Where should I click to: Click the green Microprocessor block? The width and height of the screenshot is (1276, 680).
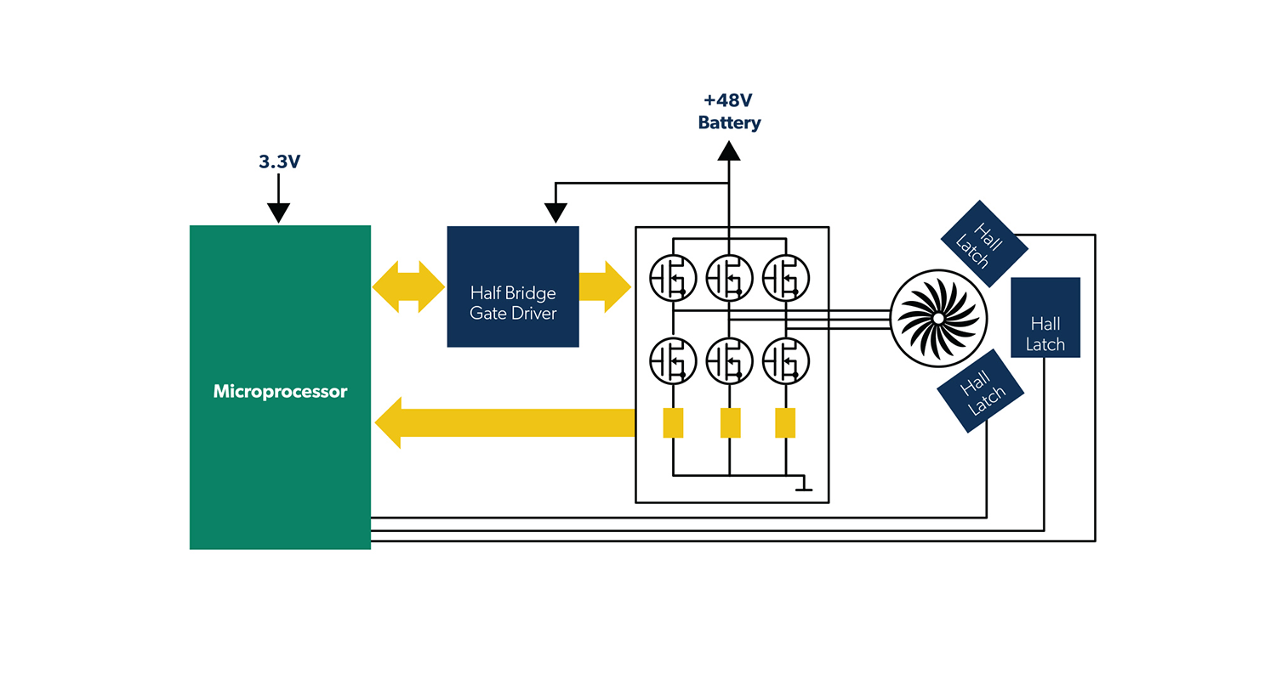pos(280,388)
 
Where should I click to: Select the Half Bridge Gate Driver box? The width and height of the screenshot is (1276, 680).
pos(513,286)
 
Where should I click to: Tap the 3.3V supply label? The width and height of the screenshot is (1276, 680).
pos(280,161)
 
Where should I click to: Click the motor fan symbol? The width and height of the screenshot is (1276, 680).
pos(937,318)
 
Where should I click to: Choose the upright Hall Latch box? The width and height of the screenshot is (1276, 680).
pos(1045,317)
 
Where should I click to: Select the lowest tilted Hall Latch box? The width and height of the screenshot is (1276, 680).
pos(980,391)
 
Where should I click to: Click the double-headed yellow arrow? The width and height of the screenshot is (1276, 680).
pos(408,286)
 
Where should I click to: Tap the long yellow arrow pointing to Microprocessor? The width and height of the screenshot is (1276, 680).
pos(505,422)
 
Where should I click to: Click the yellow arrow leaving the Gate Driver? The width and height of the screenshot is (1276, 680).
pos(605,286)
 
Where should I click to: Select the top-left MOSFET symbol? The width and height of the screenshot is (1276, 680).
pos(673,277)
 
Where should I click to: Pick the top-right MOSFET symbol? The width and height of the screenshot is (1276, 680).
pos(786,277)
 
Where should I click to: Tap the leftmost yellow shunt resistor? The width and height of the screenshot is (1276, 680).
pos(673,422)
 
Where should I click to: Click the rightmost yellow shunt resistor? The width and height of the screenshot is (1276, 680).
pos(785,422)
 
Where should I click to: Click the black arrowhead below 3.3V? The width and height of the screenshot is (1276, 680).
pos(278,213)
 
